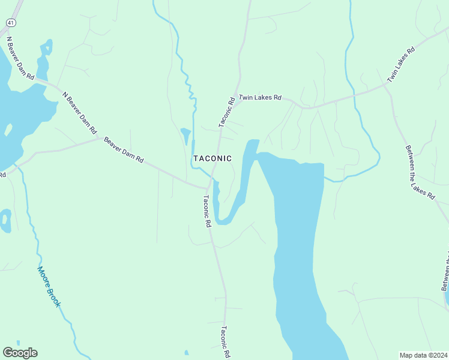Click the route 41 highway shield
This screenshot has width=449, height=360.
[10, 22]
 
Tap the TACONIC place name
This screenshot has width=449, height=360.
[212, 158]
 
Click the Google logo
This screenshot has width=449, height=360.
[20, 353]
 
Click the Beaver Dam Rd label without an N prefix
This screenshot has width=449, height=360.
[124, 150]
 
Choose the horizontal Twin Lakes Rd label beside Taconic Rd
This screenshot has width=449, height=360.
[260, 97]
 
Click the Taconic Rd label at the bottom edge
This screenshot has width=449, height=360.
[225, 342]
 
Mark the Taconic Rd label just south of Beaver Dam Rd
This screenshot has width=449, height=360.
[207, 211]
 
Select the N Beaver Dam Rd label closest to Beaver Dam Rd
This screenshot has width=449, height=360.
[79, 112]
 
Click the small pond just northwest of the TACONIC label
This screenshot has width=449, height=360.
[185, 135]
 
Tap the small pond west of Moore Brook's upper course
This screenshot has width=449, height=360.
[5, 221]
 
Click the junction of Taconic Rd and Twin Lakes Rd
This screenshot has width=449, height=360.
[239, 99]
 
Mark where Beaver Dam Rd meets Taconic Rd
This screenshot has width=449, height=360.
[208, 188]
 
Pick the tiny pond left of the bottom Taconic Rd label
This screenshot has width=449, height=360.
[186, 352]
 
